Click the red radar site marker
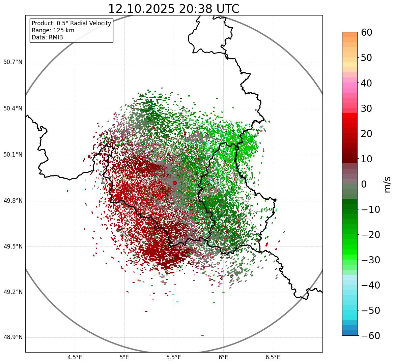click(x=174, y=183)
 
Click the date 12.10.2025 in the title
click(x=141, y=9)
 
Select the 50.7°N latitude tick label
click(x=12, y=62)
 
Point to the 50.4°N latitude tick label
click(x=12, y=109)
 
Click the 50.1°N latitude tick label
click(x=12, y=155)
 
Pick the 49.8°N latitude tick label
click(x=12, y=201)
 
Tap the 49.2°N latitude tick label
click(x=12, y=292)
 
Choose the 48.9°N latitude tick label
click(x=12, y=337)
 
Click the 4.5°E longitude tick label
click(x=75, y=357)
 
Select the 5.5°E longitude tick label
click(x=174, y=357)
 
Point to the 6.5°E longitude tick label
click(x=273, y=357)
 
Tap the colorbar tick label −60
click(x=370, y=336)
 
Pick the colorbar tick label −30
click(x=370, y=260)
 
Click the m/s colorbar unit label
click(x=388, y=184)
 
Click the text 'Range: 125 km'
click(x=53, y=30)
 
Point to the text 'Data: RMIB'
click(x=47, y=37)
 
